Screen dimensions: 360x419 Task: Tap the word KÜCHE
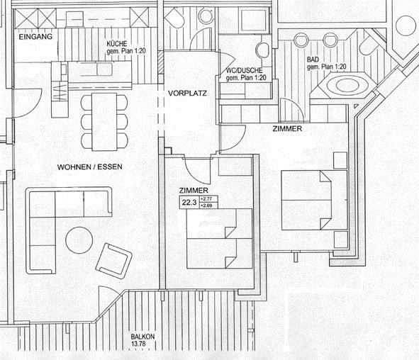coord(117,43)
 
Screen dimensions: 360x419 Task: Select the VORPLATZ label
coord(187,94)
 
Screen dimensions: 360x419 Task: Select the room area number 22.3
coord(189,203)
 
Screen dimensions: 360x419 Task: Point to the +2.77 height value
coord(207,200)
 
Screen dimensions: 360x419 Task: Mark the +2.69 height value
coord(207,206)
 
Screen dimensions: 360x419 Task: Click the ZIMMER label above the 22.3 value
coord(193,191)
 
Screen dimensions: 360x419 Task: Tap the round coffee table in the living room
coord(79,242)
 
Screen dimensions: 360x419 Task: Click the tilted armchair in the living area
coord(114,260)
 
